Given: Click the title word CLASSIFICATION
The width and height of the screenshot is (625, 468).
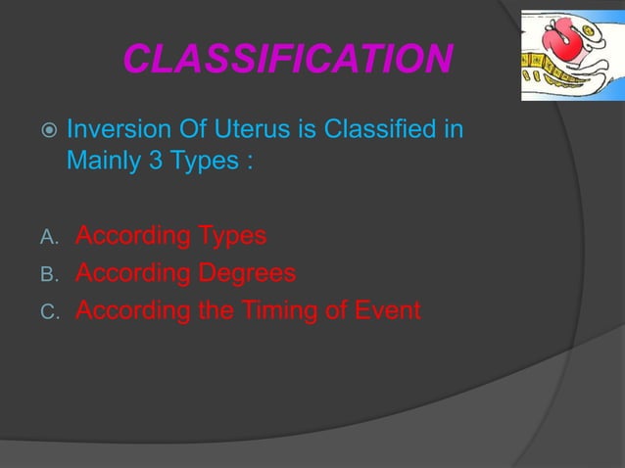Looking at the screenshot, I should pos(287,61).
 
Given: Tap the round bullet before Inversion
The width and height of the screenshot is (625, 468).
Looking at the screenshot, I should pos(47,131).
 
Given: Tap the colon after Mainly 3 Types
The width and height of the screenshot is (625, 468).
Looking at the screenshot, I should pos(250,162).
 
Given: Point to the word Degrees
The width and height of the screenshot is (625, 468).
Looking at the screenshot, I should pos(247,274).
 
